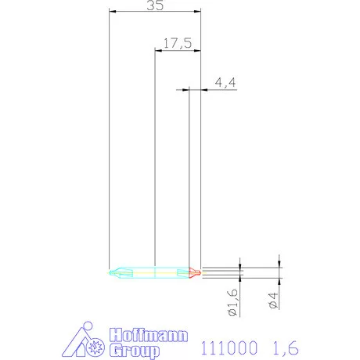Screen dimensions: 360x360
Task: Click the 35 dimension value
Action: click(155, 5)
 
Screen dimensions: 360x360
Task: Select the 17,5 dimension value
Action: click(178, 43)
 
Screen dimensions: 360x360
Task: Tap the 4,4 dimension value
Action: click(225, 82)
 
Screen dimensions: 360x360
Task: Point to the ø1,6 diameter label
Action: click(233, 302)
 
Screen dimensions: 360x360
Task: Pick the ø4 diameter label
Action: click(273, 301)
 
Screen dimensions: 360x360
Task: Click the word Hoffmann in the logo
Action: click(149, 335)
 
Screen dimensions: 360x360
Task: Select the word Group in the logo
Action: click(134, 351)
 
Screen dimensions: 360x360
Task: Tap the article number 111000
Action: click(229, 347)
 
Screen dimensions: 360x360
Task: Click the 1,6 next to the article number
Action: click(286, 347)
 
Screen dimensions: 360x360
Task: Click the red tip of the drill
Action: click(195, 273)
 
